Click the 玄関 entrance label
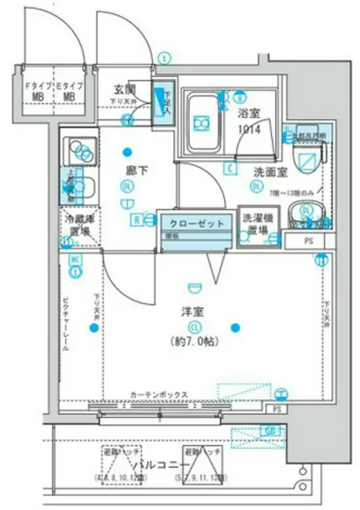125,90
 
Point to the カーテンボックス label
158,395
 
